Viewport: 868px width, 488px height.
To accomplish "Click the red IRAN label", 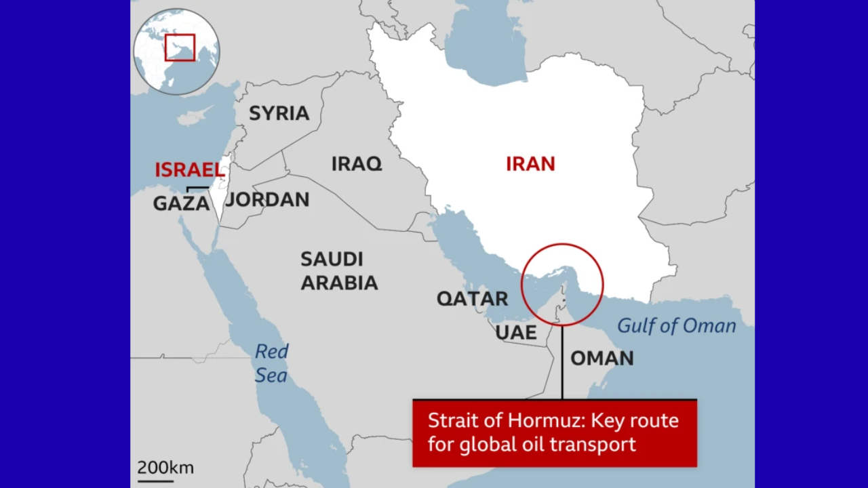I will [530, 164].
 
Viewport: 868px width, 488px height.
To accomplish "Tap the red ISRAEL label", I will [189, 170].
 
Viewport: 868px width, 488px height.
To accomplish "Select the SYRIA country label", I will [279, 114].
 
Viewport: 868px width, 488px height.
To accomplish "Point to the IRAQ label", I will [357, 164].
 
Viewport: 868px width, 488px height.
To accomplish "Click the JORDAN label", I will [267, 200].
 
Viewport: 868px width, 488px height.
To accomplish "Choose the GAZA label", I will [181, 203].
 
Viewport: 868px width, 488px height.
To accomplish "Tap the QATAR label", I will [472, 299].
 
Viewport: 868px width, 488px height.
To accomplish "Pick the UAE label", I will [516, 333].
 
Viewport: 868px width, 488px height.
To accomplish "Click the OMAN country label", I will [601, 359].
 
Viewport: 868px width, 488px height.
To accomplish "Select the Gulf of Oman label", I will [676, 326].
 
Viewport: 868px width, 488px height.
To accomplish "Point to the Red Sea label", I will [271, 363].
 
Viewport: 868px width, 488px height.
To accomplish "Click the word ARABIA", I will [339, 283].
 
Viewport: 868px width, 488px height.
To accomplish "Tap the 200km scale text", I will [165, 468].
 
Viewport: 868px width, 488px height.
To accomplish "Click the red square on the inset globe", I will [180, 47].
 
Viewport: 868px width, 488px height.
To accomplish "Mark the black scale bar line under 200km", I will [155, 481].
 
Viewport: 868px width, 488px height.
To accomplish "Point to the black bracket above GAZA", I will [197, 188].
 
